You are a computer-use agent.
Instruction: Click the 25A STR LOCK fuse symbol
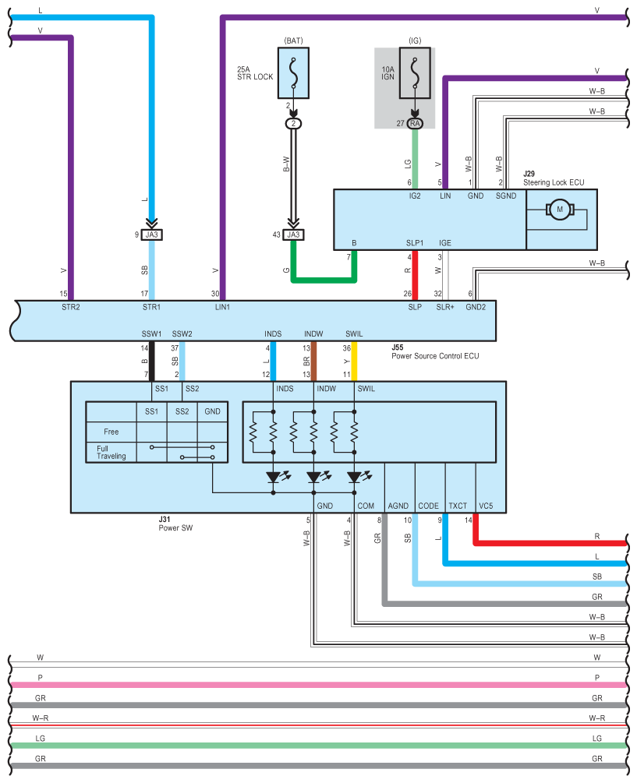pos(293,73)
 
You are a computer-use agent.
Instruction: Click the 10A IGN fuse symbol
pos(415,73)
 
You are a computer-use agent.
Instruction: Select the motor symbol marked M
pos(560,210)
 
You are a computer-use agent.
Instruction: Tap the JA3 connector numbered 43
pos(293,235)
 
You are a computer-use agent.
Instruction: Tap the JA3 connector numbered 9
pos(151,235)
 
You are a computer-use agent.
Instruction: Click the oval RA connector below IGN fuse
pos(415,123)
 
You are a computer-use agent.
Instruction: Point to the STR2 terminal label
pos(70,307)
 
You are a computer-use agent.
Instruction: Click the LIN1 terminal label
pos(222,307)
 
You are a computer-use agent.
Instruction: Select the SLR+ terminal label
pos(445,307)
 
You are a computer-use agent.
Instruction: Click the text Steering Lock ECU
pos(554,183)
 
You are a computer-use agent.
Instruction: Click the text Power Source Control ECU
pos(435,356)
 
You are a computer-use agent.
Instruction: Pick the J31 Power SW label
pos(175,524)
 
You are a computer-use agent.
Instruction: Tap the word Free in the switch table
pos(111,432)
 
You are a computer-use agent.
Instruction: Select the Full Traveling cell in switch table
pos(111,453)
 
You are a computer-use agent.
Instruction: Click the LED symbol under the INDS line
pos(274,478)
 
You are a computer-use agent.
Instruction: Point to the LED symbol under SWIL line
pos(354,478)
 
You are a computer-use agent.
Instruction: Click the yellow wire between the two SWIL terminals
pos(354,362)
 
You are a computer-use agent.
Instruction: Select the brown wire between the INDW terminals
pos(313,362)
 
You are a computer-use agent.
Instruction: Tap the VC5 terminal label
pos(486,506)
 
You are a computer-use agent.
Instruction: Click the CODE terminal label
pos(428,506)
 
